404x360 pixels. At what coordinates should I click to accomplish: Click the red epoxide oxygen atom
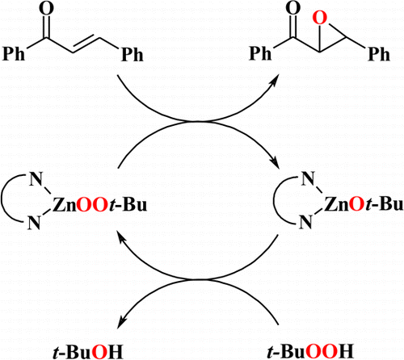(x=320, y=18)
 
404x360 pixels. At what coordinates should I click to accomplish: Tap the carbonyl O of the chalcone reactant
(x=46, y=8)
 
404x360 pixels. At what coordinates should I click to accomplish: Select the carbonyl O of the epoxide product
(x=293, y=8)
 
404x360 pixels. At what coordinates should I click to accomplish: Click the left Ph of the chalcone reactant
(x=14, y=54)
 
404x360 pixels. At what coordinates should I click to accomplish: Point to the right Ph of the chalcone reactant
(x=133, y=55)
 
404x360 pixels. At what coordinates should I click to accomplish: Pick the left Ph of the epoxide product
(x=260, y=53)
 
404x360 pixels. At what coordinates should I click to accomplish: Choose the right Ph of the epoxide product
(x=379, y=54)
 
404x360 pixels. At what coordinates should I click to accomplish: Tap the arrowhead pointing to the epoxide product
(x=275, y=81)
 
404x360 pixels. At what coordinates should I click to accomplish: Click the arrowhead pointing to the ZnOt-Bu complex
(x=276, y=162)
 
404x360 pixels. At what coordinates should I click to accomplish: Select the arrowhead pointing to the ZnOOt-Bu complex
(x=120, y=237)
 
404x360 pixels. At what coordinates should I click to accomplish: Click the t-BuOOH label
(x=310, y=351)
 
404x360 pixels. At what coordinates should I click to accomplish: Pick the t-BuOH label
(x=88, y=352)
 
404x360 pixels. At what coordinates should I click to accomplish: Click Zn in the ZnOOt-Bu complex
(x=64, y=205)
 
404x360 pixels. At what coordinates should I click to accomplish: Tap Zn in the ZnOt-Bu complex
(x=336, y=204)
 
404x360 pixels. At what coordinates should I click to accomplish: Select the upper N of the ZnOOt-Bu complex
(x=36, y=179)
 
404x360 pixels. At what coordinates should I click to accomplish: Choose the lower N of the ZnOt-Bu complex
(x=307, y=222)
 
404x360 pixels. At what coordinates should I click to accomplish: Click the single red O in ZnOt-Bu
(x=356, y=204)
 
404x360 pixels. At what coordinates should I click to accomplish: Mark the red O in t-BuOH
(x=99, y=352)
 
